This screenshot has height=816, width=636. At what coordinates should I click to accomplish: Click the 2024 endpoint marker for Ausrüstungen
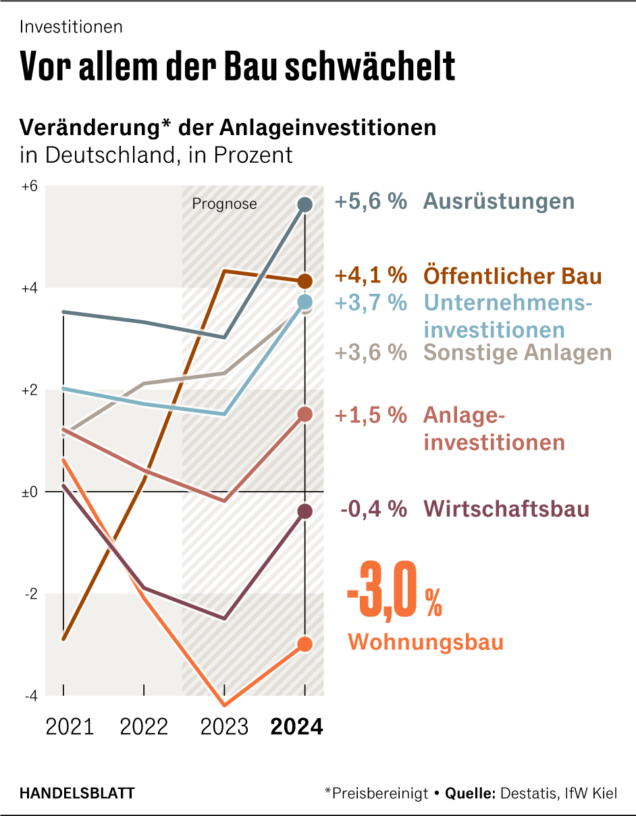[x=305, y=204]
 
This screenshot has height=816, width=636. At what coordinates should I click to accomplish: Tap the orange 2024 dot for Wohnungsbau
[x=305, y=644]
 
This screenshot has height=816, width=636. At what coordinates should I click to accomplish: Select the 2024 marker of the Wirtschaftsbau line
[x=305, y=511]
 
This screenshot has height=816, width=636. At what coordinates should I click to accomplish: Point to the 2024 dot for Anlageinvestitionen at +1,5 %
[x=305, y=414]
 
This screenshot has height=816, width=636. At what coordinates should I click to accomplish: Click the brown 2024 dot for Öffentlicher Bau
[x=305, y=281]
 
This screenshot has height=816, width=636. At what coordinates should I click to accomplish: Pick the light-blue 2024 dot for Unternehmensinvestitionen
[x=305, y=301]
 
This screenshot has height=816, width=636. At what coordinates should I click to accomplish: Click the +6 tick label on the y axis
[x=28, y=186]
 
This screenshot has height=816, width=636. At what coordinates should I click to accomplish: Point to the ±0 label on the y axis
[x=28, y=492]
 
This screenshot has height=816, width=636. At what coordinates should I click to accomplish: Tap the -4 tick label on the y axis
[x=30, y=696]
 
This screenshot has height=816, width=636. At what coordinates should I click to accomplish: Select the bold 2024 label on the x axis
[x=296, y=727]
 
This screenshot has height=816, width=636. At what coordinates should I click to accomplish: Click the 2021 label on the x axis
[x=70, y=727]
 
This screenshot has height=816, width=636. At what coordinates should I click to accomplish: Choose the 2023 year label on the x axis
[x=225, y=727]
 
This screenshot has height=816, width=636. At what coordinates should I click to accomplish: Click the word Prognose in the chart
[x=225, y=203]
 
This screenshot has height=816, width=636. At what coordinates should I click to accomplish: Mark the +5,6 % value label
[x=371, y=201]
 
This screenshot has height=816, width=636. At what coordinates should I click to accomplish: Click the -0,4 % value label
[x=373, y=509]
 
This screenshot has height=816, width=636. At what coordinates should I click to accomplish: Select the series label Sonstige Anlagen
[x=517, y=353]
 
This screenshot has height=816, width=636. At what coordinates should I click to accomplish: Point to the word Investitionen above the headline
[x=71, y=27]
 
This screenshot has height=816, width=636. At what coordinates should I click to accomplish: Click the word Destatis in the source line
[x=527, y=793]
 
